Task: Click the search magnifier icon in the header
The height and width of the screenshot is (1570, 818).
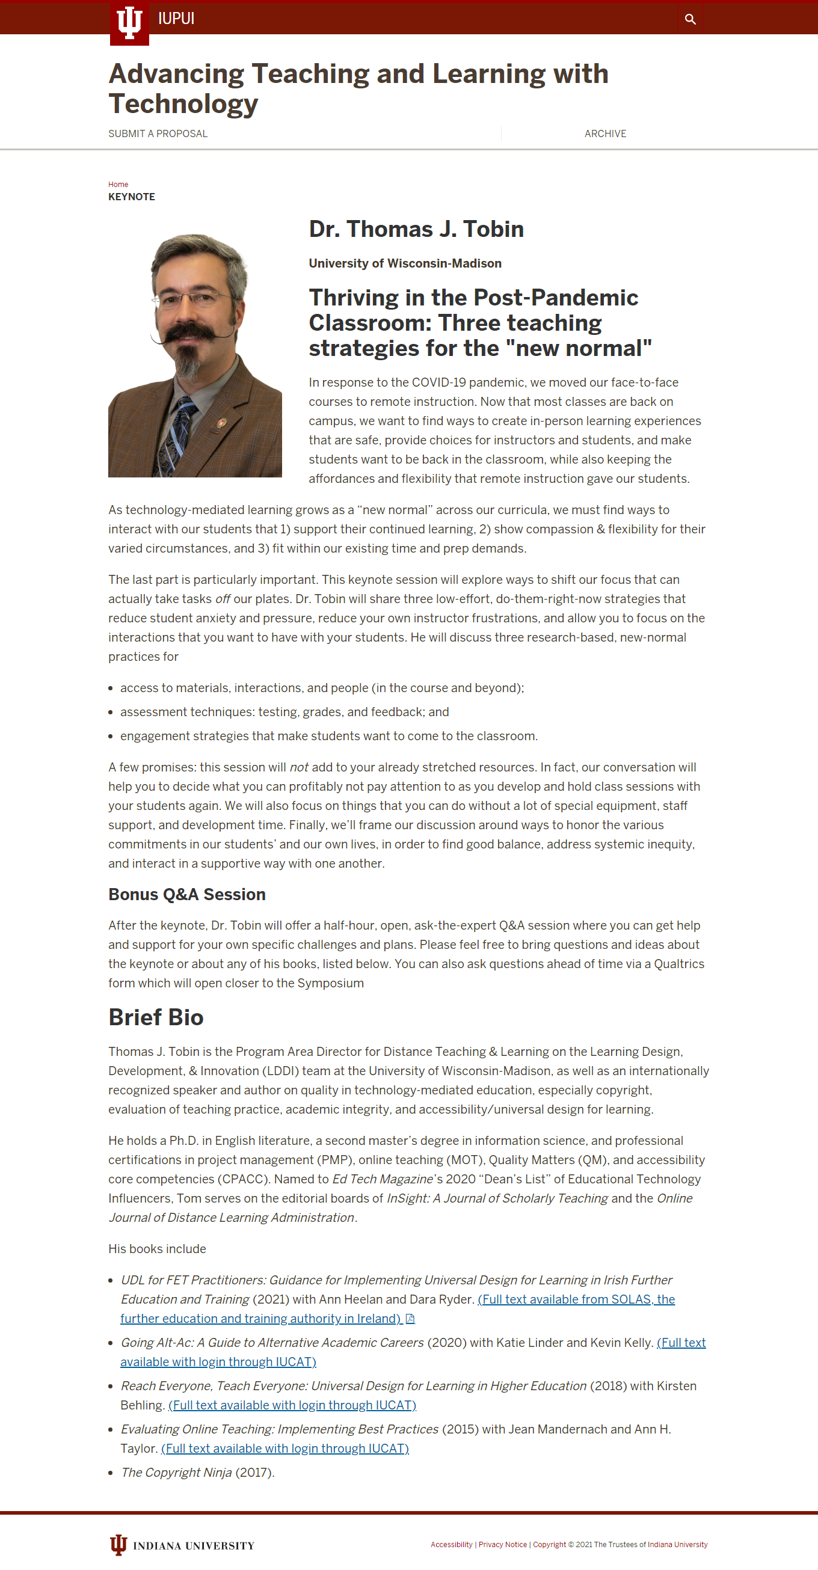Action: (690, 19)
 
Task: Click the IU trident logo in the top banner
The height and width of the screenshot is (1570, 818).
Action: (129, 23)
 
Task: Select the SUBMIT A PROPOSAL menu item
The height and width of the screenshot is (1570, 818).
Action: (158, 133)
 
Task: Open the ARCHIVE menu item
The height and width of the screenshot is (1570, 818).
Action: (604, 133)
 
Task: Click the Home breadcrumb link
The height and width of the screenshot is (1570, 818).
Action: (118, 184)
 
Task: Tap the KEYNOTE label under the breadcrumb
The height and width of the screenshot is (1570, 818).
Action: (132, 197)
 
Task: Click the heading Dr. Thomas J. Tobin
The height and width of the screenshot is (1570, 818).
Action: (416, 229)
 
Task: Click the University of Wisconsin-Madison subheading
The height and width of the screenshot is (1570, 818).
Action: (405, 263)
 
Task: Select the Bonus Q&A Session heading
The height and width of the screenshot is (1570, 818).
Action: (186, 894)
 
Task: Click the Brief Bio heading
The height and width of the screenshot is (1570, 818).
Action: (155, 1017)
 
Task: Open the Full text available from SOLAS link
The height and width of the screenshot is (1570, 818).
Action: (576, 1299)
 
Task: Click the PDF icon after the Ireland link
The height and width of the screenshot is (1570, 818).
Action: (410, 1318)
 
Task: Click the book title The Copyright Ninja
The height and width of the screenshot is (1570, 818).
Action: (176, 1473)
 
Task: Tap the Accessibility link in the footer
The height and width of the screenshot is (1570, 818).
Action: (451, 1544)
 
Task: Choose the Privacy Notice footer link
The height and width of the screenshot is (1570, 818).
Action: (502, 1544)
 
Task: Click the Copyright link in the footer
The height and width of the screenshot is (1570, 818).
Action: (549, 1544)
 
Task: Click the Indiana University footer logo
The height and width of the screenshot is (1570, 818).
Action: (182, 1545)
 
